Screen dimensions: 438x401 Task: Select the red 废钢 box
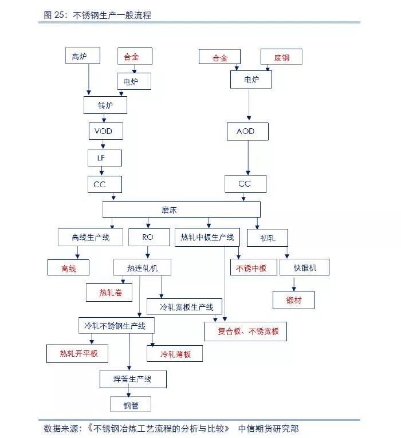(x=281, y=57)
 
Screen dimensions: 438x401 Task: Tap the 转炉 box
(x=105, y=105)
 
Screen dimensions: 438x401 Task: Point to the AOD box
(x=245, y=132)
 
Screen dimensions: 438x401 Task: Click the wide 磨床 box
(x=181, y=210)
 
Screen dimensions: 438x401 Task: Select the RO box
(x=148, y=236)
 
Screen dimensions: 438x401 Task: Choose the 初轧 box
(x=268, y=237)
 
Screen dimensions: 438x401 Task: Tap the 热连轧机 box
(x=142, y=267)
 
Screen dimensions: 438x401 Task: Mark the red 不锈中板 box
(x=253, y=267)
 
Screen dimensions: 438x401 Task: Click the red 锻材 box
(x=294, y=299)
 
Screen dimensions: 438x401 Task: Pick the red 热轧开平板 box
(x=79, y=353)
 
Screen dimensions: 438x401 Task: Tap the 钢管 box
(x=130, y=405)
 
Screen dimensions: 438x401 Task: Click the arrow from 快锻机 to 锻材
(x=294, y=283)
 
